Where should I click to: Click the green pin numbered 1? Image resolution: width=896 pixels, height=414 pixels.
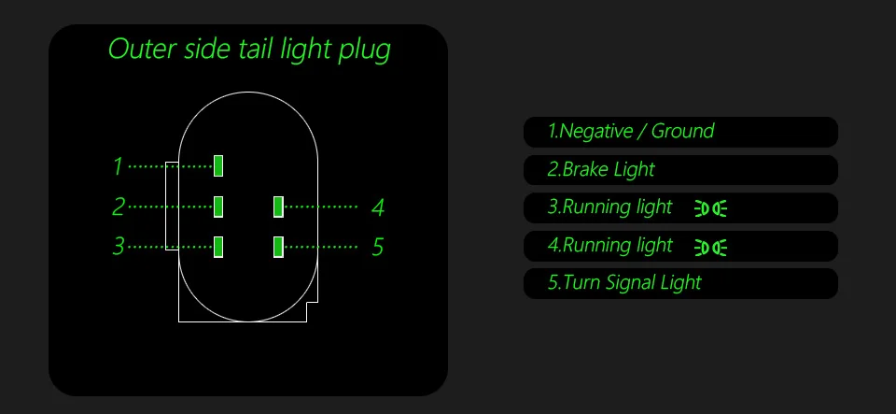(218, 165)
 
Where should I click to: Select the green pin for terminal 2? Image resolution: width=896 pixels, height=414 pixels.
(218, 206)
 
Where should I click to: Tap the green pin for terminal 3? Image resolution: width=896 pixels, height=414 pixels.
(218, 247)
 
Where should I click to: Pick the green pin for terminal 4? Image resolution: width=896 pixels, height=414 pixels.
(278, 206)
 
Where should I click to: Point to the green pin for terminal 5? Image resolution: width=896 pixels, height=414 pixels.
(278, 247)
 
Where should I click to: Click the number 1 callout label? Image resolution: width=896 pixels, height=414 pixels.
(118, 166)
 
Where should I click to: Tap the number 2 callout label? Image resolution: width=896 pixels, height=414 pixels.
(119, 207)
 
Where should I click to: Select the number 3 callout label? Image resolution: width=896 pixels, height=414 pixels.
(119, 247)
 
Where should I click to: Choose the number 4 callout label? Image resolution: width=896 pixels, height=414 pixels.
(378, 207)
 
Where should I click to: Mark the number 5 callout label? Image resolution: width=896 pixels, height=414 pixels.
(378, 248)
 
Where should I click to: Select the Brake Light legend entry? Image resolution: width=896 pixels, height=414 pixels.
(601, 170)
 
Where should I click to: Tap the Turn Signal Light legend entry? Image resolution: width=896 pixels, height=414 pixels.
(624, 282)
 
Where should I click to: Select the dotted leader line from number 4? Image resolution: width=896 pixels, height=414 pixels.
(320, 206)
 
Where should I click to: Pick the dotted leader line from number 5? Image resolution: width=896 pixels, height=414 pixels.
(320, 247)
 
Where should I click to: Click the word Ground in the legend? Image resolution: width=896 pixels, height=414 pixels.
(682, 132)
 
